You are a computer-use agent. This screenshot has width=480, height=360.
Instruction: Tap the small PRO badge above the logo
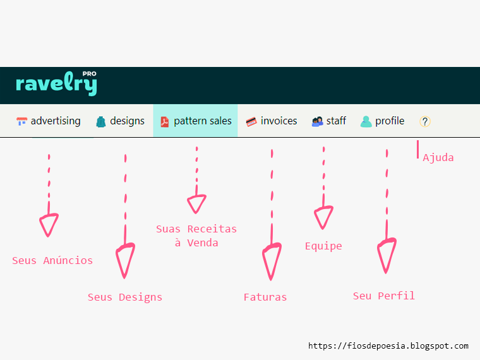pyautogui.click(x=89, y=74)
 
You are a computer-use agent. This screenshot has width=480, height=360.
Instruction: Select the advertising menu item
pyautogui.click(x=49, y=121)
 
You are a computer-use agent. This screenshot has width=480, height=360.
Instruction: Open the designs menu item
pyautogui.click(x=120, y=121)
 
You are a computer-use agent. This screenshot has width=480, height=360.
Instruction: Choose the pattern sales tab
pyautogui.click(x=196, y=121)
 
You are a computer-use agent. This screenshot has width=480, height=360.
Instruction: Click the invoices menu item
pyautogui.click(x=272, y=121)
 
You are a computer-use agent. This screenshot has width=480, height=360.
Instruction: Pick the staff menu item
pyautogui.click(x=329, y=121)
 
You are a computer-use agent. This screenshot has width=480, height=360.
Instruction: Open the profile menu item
pyautogui.click(x=383, y=121)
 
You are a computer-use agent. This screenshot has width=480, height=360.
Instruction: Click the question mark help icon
pyautogui.click(x=425, y=122)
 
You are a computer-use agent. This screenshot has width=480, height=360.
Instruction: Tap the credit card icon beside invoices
pyautogui.click(x=251, y=122)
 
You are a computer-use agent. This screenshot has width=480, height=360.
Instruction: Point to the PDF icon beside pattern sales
pyautogui.click(x=165, y=122)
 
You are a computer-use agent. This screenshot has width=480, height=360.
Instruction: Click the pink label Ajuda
pyautogui.click(x=438, y=158)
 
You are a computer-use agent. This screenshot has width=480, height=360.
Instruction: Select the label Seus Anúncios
pyautogui.click(x=52, y=260)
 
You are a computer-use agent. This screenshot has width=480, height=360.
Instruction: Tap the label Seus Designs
pyautogui.click(x=125, y=297)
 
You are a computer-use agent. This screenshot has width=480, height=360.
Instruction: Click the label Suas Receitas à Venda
pyautogui.click(x=196, y=236)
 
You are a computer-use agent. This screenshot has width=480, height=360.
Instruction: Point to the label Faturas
pyautogui.click(x=265, y=297)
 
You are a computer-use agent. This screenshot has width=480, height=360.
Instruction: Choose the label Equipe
pyautogui.click(x=323, y=246)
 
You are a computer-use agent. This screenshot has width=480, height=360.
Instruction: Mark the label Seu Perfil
pyautogui.click(x=384, y=296)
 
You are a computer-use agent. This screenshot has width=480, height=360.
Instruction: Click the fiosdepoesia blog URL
pyautogui.click(x=388, y=346)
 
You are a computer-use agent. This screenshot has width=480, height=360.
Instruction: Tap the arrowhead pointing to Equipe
pyautogui.click(x=323, y=217)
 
